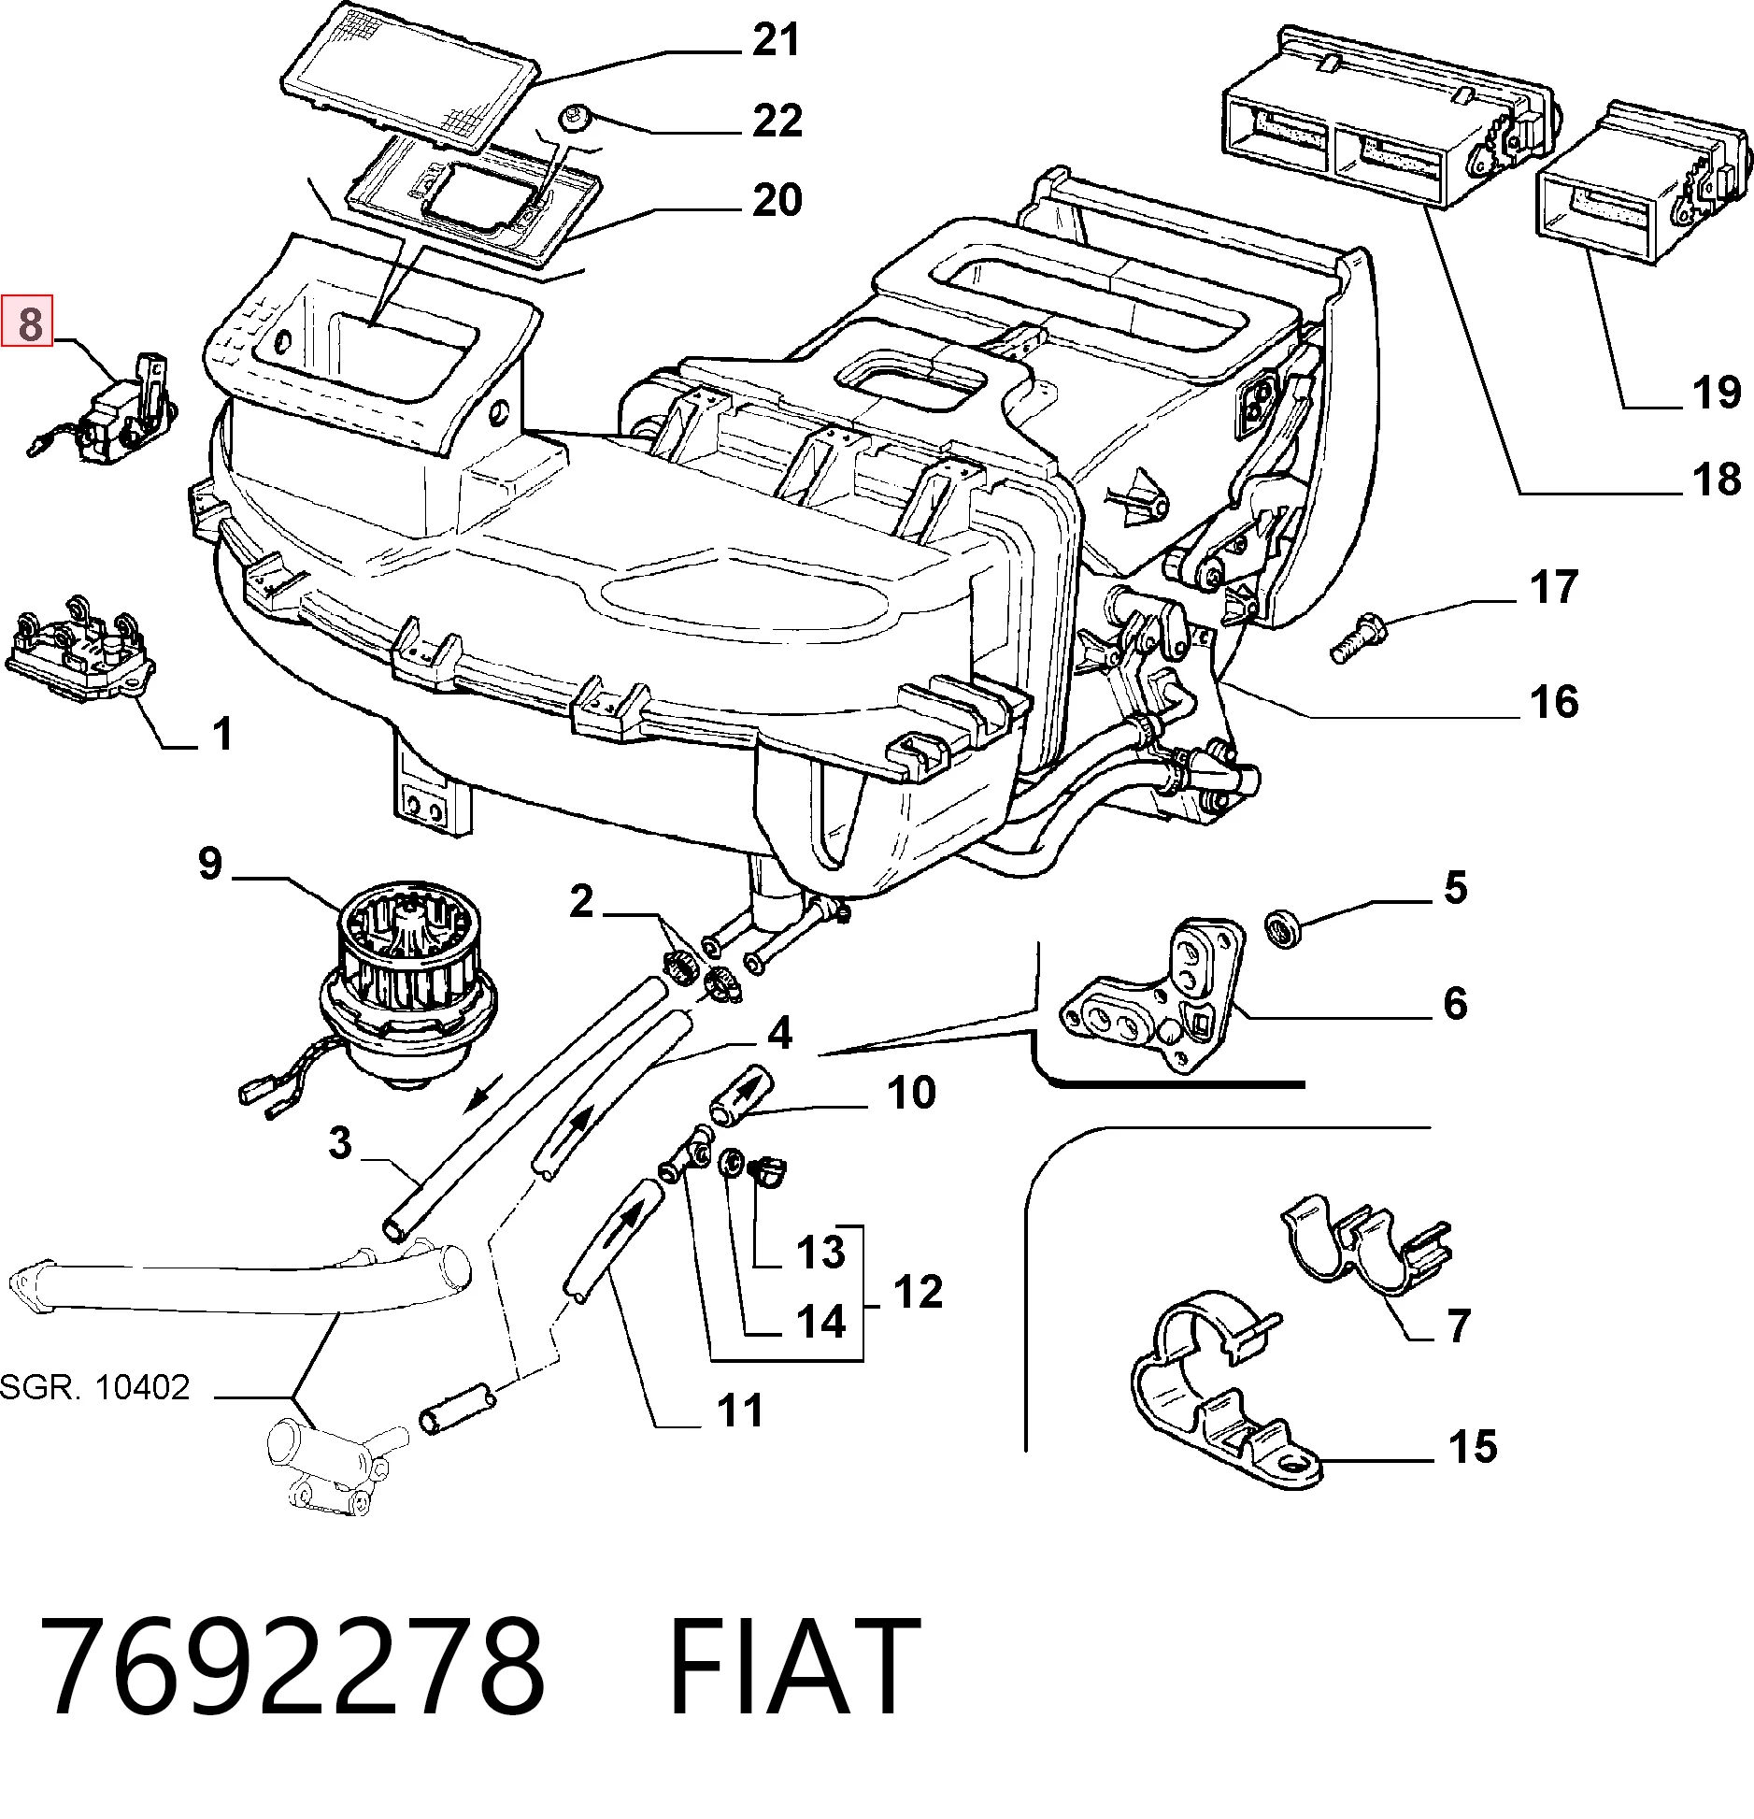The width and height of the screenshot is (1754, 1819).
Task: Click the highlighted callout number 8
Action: [x=29, y=322]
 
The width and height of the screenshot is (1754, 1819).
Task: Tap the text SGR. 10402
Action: [x=94, y=1387]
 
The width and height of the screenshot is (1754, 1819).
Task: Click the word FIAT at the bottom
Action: [x=794, y=1669]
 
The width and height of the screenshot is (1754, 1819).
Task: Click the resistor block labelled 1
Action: [x=79, y=648]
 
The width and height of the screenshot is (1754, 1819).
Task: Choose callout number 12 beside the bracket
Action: [x=918, y=1293]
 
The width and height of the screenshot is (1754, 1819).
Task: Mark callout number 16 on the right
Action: [x=1554, y=701]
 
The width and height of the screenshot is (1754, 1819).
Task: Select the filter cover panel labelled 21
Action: [x=411, y=75]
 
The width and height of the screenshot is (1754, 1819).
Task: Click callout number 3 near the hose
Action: [x=340, y=1143]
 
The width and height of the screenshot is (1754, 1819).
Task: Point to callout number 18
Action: [x=1717, y=479]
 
